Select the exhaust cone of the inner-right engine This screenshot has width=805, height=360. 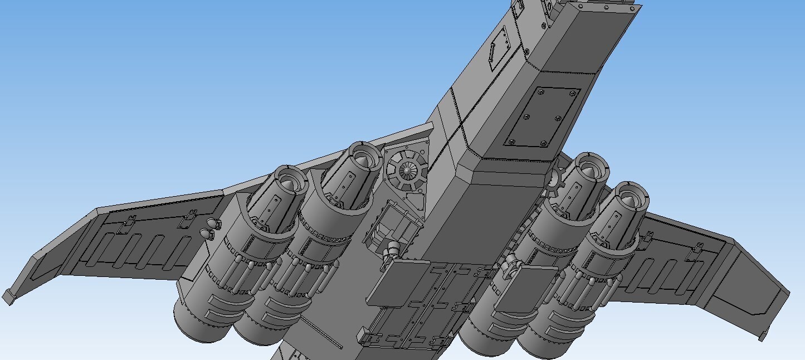[588, 166]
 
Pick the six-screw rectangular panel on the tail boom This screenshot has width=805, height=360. [542, 117]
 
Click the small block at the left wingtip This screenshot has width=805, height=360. [8, 297]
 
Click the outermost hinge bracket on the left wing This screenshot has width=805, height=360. [129, 220]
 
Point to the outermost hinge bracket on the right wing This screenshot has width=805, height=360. [695, 251]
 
